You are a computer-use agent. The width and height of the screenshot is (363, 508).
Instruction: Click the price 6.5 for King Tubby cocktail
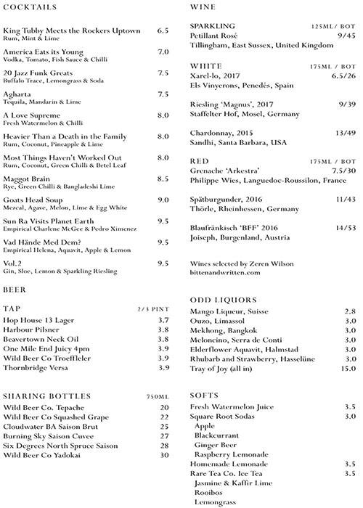[x=163, y=31]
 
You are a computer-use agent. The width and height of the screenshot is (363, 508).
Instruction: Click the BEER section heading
[x=14, y=288]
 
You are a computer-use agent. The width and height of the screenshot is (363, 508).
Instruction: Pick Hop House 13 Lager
[x=41, y=319]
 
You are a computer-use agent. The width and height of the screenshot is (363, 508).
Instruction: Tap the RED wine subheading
[x=199, y=160]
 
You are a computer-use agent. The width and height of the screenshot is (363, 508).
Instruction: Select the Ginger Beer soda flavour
[x=218, y=444]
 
